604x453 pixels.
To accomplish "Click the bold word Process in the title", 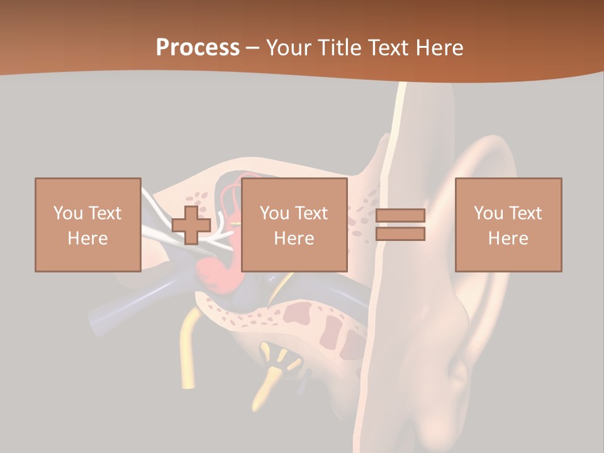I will (x=198, y=47).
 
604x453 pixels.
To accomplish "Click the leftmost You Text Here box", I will (x=87, y=225).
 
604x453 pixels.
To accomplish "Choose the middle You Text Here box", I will (x=294, y=225).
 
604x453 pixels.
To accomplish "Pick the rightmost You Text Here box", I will (x=508, y=225).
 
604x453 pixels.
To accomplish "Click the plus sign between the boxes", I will (x=191, y=225).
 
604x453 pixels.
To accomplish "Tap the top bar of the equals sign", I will (x=400, y=216).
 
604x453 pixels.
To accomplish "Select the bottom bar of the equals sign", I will (x=400, y=233).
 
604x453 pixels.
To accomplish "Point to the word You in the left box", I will (x=67, y=213).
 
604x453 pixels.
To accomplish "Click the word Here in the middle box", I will (x=294, y=238).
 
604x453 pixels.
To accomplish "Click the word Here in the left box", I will (x=87, y=238).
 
